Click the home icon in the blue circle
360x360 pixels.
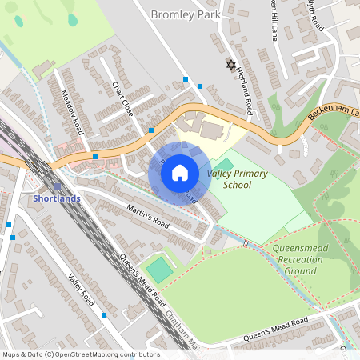pyautogui.click(x=180, y=172)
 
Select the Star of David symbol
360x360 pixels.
pyautogui.click(x=232, y=64)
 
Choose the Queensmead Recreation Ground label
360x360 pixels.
pyautogui.click(x=299, y=260)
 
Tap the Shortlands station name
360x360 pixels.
pyautogui.click(x=57, y=198)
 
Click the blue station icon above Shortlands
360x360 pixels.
pyautogui.click(x=57, y=186)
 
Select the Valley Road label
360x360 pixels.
pyautogui.click(x=82, y=291)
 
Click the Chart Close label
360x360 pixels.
pyautogui.click(x=122, y=99)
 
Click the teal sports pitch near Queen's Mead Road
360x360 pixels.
pyautogui.click(x=161, y=270)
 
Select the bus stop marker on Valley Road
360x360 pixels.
pyautogui.click(x=104, y=315)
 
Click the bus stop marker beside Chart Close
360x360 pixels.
pyautogui.click(x=150, y=129)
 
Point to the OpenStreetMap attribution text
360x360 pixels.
pyautogui.click(x=80, y=354)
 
